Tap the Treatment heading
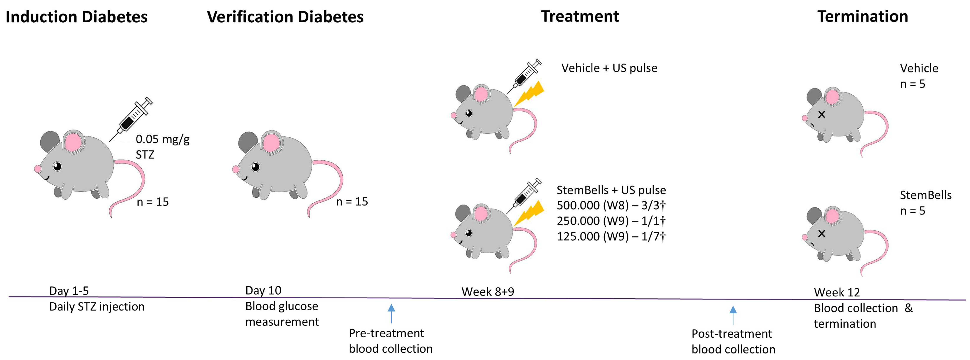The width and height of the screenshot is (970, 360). (580, 16)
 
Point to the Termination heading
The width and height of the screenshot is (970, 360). (863, 16)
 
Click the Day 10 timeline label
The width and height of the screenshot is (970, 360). (263, 290)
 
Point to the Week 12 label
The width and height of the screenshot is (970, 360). (837, 292)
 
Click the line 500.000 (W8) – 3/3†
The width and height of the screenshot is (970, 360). (611, 205)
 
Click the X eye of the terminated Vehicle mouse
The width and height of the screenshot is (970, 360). (821, 115)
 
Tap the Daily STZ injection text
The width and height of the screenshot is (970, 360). (97, 307)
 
